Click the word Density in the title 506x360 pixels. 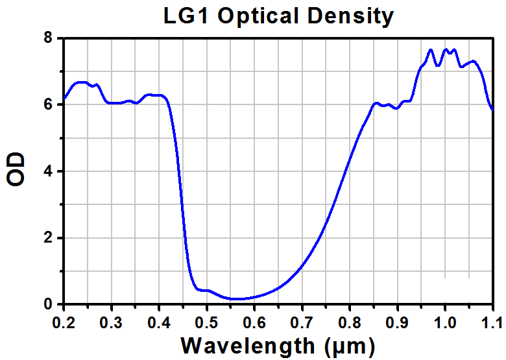pos(350,17)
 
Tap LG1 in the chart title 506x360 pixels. pos(187,16)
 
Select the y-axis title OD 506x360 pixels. pos(16,169)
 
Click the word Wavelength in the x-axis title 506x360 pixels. pos(248,346)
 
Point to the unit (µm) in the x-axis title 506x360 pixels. pos(350,346)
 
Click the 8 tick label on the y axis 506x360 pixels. pos(48,38)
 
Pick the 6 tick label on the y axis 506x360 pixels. pos(48,104)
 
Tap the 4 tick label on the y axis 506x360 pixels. pos(48,171)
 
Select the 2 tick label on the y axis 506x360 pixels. pos(48,238)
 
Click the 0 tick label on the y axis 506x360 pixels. pos(48,304)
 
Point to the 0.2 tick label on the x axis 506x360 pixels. pos(64,322)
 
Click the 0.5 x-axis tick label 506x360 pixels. pos(207,322)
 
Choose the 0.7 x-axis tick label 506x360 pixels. pos(302,322)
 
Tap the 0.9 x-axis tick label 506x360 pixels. pos(398,322)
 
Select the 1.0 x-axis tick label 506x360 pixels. pos(445,322)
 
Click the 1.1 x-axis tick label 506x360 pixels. pos(493,322)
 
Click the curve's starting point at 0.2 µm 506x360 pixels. pos(64,99)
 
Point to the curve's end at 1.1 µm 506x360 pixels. pos(492,110)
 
